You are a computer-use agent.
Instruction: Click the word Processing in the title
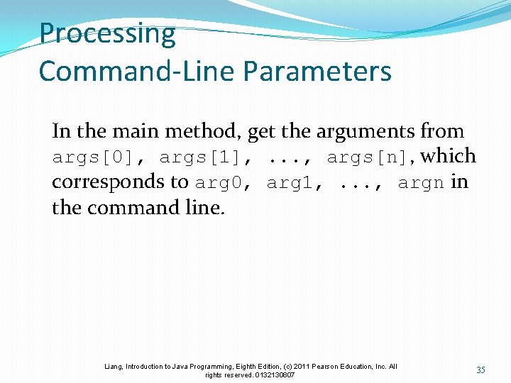click(x=107, y=33)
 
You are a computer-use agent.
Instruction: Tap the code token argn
click(x=422, y=183)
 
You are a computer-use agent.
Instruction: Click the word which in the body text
click(x=449, y=156)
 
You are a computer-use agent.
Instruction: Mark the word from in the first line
click(x=442, y=131)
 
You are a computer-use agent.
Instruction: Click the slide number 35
click(x=480, y=370)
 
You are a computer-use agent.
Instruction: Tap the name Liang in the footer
click(x=114, y=367)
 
